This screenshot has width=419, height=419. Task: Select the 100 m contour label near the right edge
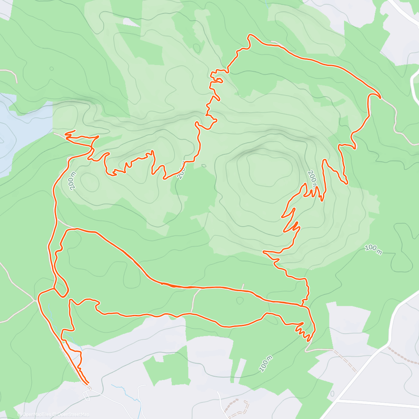pos(373,249)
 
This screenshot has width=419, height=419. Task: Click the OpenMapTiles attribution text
pos(37,414)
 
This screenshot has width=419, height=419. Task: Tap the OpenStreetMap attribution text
pos(73,414)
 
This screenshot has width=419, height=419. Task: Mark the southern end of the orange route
pos(88,383)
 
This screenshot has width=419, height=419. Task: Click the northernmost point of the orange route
pos(249,35)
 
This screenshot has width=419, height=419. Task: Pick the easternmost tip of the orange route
pos(380,97)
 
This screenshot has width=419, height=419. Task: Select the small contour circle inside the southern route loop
pos(240,300)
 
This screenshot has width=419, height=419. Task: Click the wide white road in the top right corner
pos(405,10)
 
